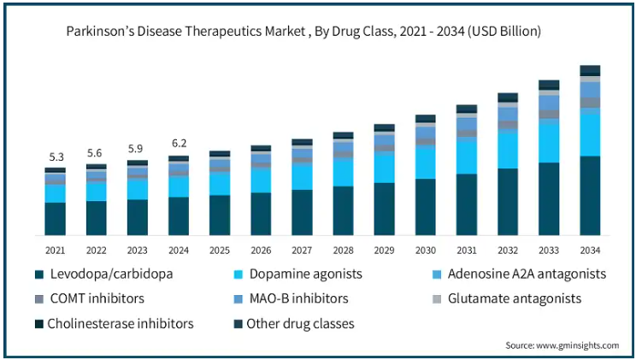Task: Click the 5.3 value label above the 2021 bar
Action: tap(56, 156)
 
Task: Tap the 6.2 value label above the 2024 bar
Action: tap(179, 143)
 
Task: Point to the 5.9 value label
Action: tap(136, 148)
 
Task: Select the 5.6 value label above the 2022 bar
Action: tap(95, 153)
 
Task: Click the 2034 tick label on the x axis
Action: tap(590, 251)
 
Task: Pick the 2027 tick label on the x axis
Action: tap(302, 251)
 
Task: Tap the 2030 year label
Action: tap(426, 251)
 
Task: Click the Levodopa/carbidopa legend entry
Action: tap(104, 274)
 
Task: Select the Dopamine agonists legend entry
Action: tap(298, 274)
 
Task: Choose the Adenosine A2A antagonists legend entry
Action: tap(519, 274)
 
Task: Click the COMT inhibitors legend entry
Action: tap(90, 298)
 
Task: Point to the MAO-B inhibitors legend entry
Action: tap(292, 298)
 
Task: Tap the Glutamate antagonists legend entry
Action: tap(507, 298)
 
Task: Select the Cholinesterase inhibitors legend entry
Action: tap(115, 323)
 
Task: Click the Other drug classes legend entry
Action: tap(294, 323)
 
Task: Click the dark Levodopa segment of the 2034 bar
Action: tap(590, 196)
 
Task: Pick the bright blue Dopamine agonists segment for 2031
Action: tap(467, 158)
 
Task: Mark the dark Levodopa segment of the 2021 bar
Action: tap(56, 219)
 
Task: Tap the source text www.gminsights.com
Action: tap(578, 345)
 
